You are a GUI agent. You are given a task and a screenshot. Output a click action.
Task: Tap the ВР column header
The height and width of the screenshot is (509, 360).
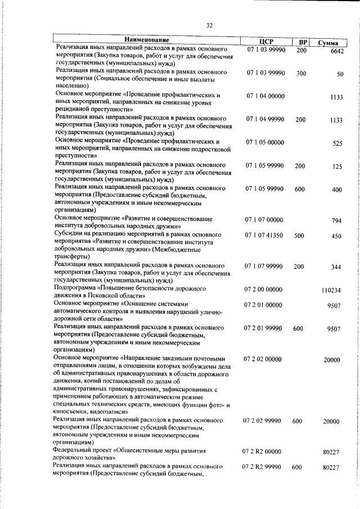point(303,42)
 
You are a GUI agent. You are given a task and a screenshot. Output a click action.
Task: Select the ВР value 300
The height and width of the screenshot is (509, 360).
point(301,74)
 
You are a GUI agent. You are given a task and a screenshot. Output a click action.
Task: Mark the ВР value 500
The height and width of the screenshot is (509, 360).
point(299,236)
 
